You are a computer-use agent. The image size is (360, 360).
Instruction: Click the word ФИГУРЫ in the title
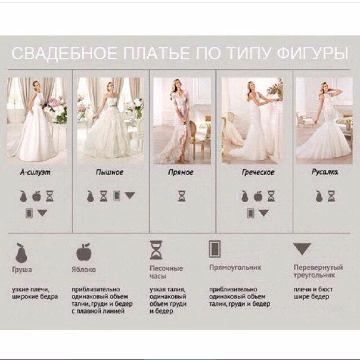(x=312, y=54)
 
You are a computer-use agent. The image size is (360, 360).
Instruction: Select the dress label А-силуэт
(x=35, y=172)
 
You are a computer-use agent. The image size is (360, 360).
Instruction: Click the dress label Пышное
(x=110, y=172)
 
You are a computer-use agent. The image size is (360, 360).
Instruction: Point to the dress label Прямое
(x=181, y=172)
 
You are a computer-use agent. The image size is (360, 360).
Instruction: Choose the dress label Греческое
(x=258, y=172)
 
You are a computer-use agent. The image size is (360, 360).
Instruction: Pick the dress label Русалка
(x=325, y=172)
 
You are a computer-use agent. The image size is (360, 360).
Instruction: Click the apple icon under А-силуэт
(x=36, y=196)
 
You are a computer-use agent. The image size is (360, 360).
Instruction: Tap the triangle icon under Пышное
(x=130, y=195)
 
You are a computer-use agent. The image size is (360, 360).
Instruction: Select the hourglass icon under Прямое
(x=182, y=196)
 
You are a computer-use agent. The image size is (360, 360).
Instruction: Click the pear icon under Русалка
(x=318, y=196)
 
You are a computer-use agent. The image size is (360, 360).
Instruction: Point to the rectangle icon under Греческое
(x=251, y=213)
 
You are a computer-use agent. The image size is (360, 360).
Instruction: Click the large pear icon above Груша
(x=21, y=253)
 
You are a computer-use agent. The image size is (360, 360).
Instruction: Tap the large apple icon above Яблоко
(x=84, y=252)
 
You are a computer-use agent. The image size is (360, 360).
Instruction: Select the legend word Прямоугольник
(x=235, y=268)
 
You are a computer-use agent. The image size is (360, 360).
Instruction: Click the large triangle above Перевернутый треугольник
(x=302, y=249)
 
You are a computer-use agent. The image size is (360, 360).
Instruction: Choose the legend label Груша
(x=22, y=269)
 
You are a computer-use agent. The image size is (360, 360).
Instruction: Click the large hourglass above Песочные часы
(x=156, y=250)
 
